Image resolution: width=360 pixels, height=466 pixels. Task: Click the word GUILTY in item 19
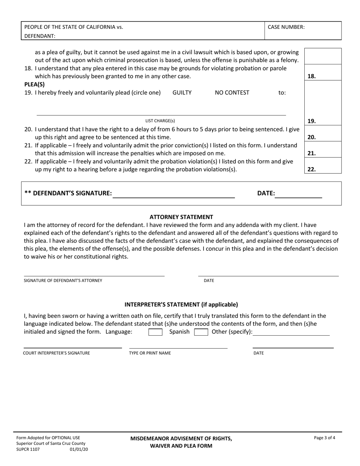pos(182,92)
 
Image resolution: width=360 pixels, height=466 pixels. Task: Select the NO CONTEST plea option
pos(232,92)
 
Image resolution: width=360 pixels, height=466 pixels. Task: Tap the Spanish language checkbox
pos(155,332)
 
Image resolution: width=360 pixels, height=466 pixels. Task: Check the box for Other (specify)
pos(201,332)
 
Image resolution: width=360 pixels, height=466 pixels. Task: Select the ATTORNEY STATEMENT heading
pos(181,217)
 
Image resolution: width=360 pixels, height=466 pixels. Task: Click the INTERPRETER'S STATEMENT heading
pos(181,304)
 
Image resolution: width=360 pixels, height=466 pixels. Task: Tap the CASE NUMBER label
pos(286,27)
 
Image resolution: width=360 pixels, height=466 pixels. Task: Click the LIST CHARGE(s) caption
pos(160,121)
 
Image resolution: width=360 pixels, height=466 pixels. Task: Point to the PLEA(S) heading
pos(34,84)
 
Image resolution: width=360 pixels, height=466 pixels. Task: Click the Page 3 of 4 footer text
pos(324,438)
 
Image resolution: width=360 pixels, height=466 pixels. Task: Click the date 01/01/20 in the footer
pos(79,449)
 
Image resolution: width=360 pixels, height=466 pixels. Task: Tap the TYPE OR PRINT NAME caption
pos(150,353)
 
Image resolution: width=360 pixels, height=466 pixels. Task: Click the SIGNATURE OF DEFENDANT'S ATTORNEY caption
pos(63,281)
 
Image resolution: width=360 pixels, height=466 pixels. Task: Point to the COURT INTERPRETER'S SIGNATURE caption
pos(56,353)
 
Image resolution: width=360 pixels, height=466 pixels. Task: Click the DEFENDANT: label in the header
pos(40,36)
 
